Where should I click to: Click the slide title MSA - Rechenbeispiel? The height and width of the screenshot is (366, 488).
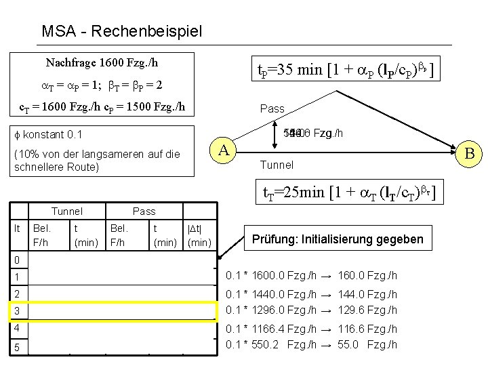click(x=121, y=31)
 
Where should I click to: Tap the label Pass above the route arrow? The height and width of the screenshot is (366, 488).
click(x=273, y=108)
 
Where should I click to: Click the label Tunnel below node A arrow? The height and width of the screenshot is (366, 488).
click(x=277, y=165)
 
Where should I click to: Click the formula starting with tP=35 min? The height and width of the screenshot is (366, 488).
click(x=345, y=68)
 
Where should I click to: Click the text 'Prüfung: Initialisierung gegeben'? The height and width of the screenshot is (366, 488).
click(x=337, y=239)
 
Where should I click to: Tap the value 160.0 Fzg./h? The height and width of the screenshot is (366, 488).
click(x=367, y=274)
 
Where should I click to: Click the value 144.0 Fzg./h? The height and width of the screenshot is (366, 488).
click(x=367, y=294)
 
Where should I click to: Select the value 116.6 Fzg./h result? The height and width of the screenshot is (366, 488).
click(x=367, y=328)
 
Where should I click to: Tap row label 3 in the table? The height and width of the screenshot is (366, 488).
click(x=18, y=310)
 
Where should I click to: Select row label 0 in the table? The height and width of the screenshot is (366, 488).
click(x=18, y=260)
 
